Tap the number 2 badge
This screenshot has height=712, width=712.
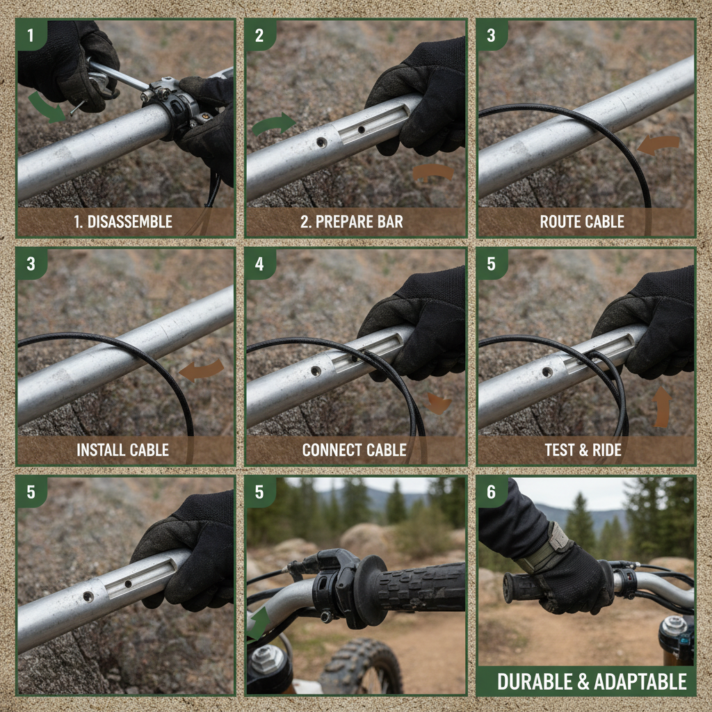tap(259, 35)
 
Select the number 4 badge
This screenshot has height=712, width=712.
tap(259, 264)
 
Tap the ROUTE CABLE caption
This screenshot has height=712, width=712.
tap(582, 222)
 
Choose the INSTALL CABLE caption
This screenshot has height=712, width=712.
tap(122, 450)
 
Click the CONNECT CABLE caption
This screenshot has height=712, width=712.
tap(354, 450)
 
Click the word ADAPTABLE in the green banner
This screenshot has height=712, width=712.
tap(635, 681)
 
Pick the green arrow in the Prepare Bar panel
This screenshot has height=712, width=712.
tap(273, 124)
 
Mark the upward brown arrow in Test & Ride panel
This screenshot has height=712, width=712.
tap(662, 407)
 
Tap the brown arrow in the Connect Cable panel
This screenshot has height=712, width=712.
tap(437, 403)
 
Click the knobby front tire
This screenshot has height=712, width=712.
tap(362, 667)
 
